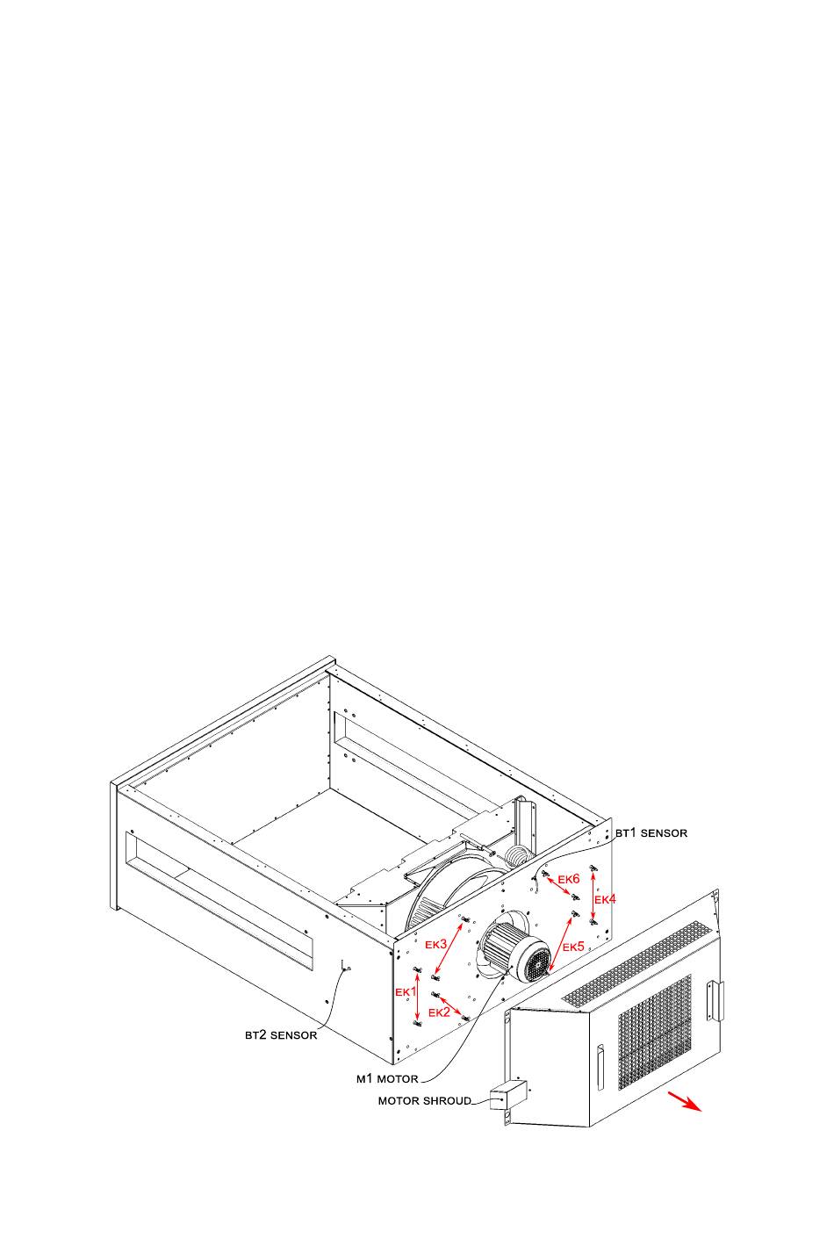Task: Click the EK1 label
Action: point(405,991)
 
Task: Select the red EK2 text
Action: point(439,1012)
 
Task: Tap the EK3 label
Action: point(436,944)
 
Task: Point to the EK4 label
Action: point(606,900)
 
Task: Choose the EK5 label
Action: point(573,947)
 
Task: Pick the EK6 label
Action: point(569,879)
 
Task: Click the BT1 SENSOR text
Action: point(651,832)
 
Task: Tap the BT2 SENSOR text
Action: point(281,1035)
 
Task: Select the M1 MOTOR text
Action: point(387,1078)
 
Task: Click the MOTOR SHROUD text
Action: point(425,1100)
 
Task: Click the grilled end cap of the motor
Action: point(535,962)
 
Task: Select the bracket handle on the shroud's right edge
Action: point(718,1001)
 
